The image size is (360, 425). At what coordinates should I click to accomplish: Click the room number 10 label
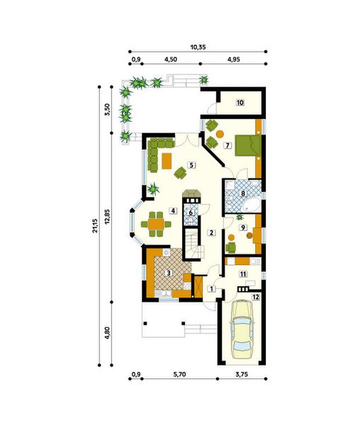[x=240, y=103]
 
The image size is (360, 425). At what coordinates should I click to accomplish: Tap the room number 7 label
[x=227, y=145]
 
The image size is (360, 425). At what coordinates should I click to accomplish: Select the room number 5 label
[x=191, y=165]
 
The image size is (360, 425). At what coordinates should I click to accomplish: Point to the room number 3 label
[x=168, y=272]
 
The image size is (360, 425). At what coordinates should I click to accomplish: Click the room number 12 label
[x=256, y=297]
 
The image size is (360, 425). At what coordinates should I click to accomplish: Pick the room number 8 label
[x=243, y=192]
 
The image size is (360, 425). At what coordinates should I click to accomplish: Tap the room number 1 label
[x=211, y=288]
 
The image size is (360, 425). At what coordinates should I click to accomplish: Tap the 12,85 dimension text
[x=108, y=226]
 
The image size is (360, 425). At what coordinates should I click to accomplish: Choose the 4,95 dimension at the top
[x=233, y=60]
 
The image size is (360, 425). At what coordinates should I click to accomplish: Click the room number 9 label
[x=243, y=227]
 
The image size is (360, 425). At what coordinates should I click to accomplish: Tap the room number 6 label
[x=191, y=210]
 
